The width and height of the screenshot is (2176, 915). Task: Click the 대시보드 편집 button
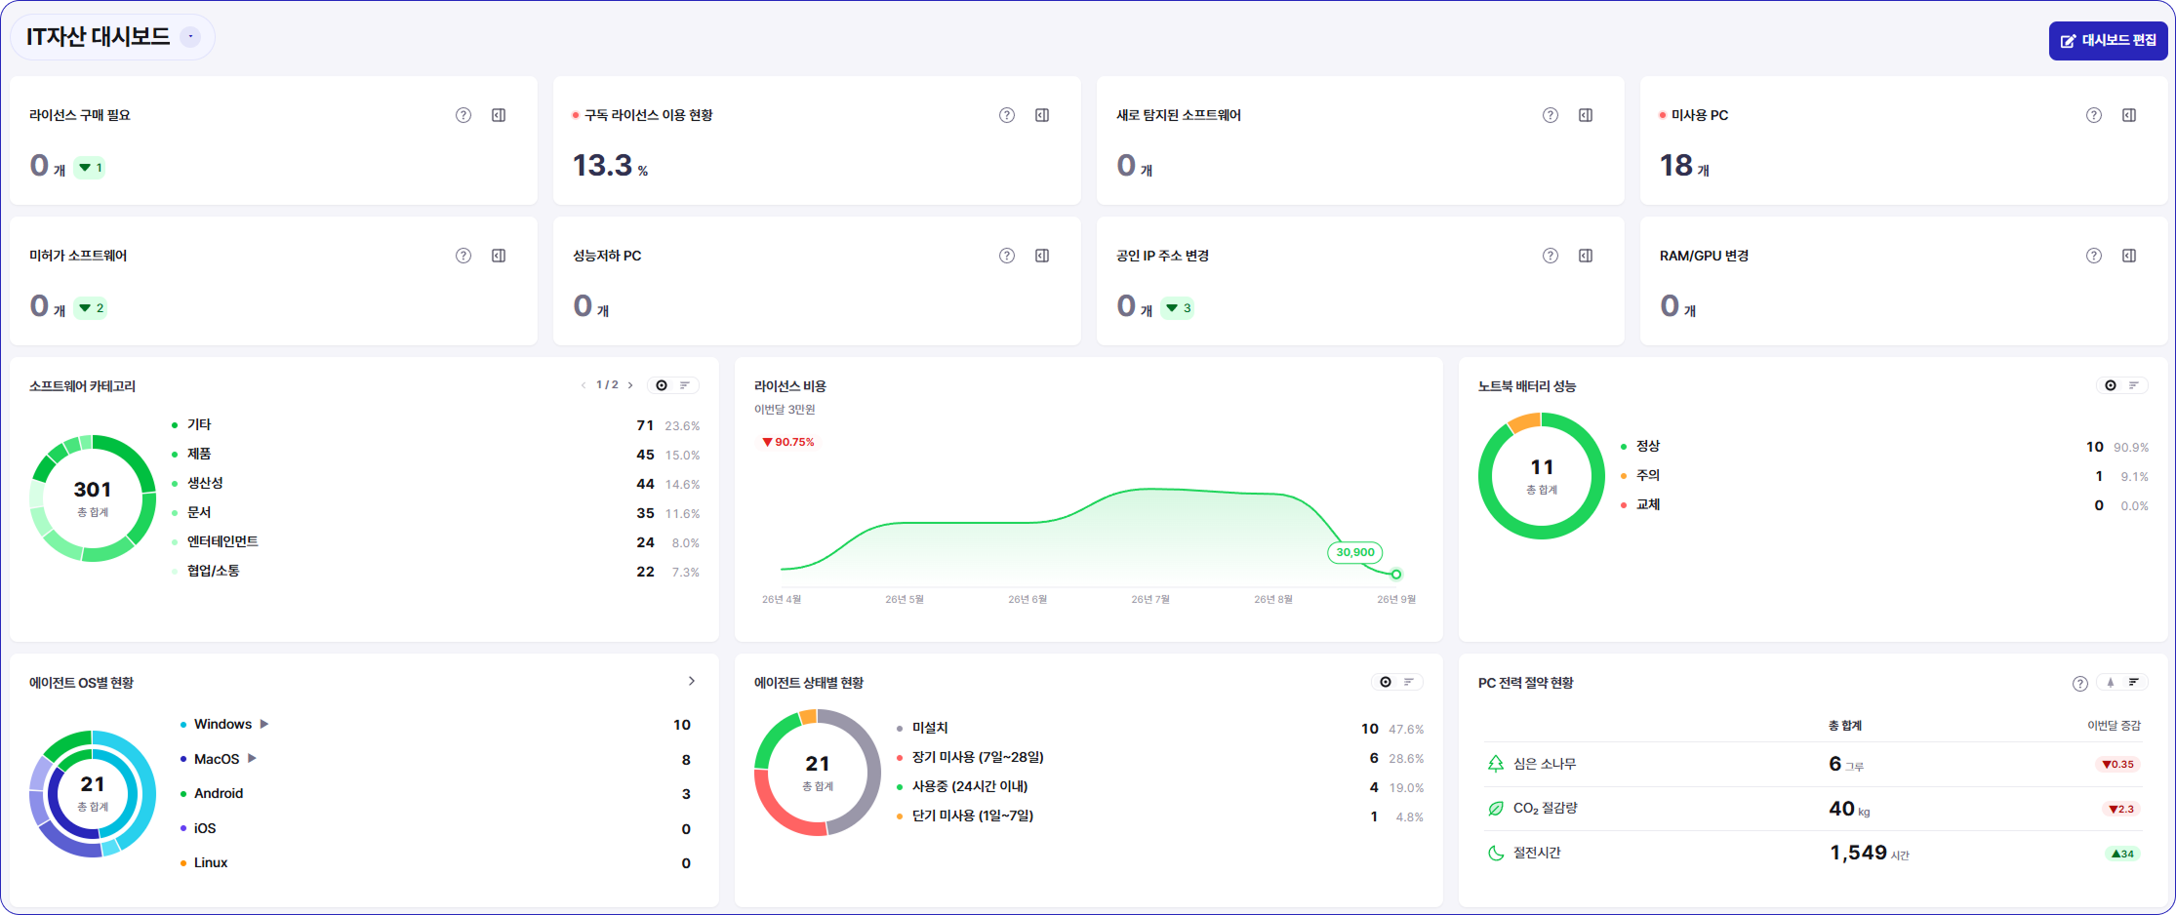pyautogui.click(x=2108, y=41)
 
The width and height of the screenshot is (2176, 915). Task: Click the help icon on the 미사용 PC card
pyautogui.click(x=2094, y=115)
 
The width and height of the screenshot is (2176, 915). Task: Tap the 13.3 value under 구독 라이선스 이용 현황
pyautogui.click(x=602, y=166)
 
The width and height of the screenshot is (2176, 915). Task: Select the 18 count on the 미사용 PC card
pyautogui.click(x=1676, y=166)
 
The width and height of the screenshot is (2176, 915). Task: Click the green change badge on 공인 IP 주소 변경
pyautogui.click(x=1178, y=308)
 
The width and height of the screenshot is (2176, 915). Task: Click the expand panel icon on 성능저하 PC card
pyautogui.click(x=1042, y=256)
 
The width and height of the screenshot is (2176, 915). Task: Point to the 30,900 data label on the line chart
pyautogui.click(x=1355, y=552)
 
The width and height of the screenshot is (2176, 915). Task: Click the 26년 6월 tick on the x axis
pyautogui.click(x=1028, y=599)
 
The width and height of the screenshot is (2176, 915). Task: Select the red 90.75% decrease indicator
pyautogui.click(x=788, y=442)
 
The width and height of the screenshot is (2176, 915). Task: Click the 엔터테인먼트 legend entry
pyautogui.click(x=222, y=541)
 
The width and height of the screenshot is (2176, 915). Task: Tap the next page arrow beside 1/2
pyautogui.click(x=630, y=385)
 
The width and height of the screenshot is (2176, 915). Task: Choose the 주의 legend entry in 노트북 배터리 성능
pyautogui.click(x=1648, y=475)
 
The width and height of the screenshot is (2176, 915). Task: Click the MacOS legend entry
pyautogui.click(x=217, y=759)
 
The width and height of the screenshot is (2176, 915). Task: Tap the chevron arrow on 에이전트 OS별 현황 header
pyautogui.click(x=692, y=682)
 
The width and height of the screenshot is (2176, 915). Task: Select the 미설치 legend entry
pyautogui.click(x=930, y=728)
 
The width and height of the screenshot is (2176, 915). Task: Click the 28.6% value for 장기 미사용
pyautogui.click(x=1406, y=758)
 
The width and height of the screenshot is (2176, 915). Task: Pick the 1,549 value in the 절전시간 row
pyautogui.click(x=1858, y=853)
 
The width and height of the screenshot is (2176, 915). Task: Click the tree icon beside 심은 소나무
pyautogui.click(x=1496, y=764)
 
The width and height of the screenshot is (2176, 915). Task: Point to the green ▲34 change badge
pyautogui.click(x=2122, y=854)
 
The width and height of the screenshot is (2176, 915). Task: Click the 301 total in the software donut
pyautogui.click(x=93, y=490)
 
